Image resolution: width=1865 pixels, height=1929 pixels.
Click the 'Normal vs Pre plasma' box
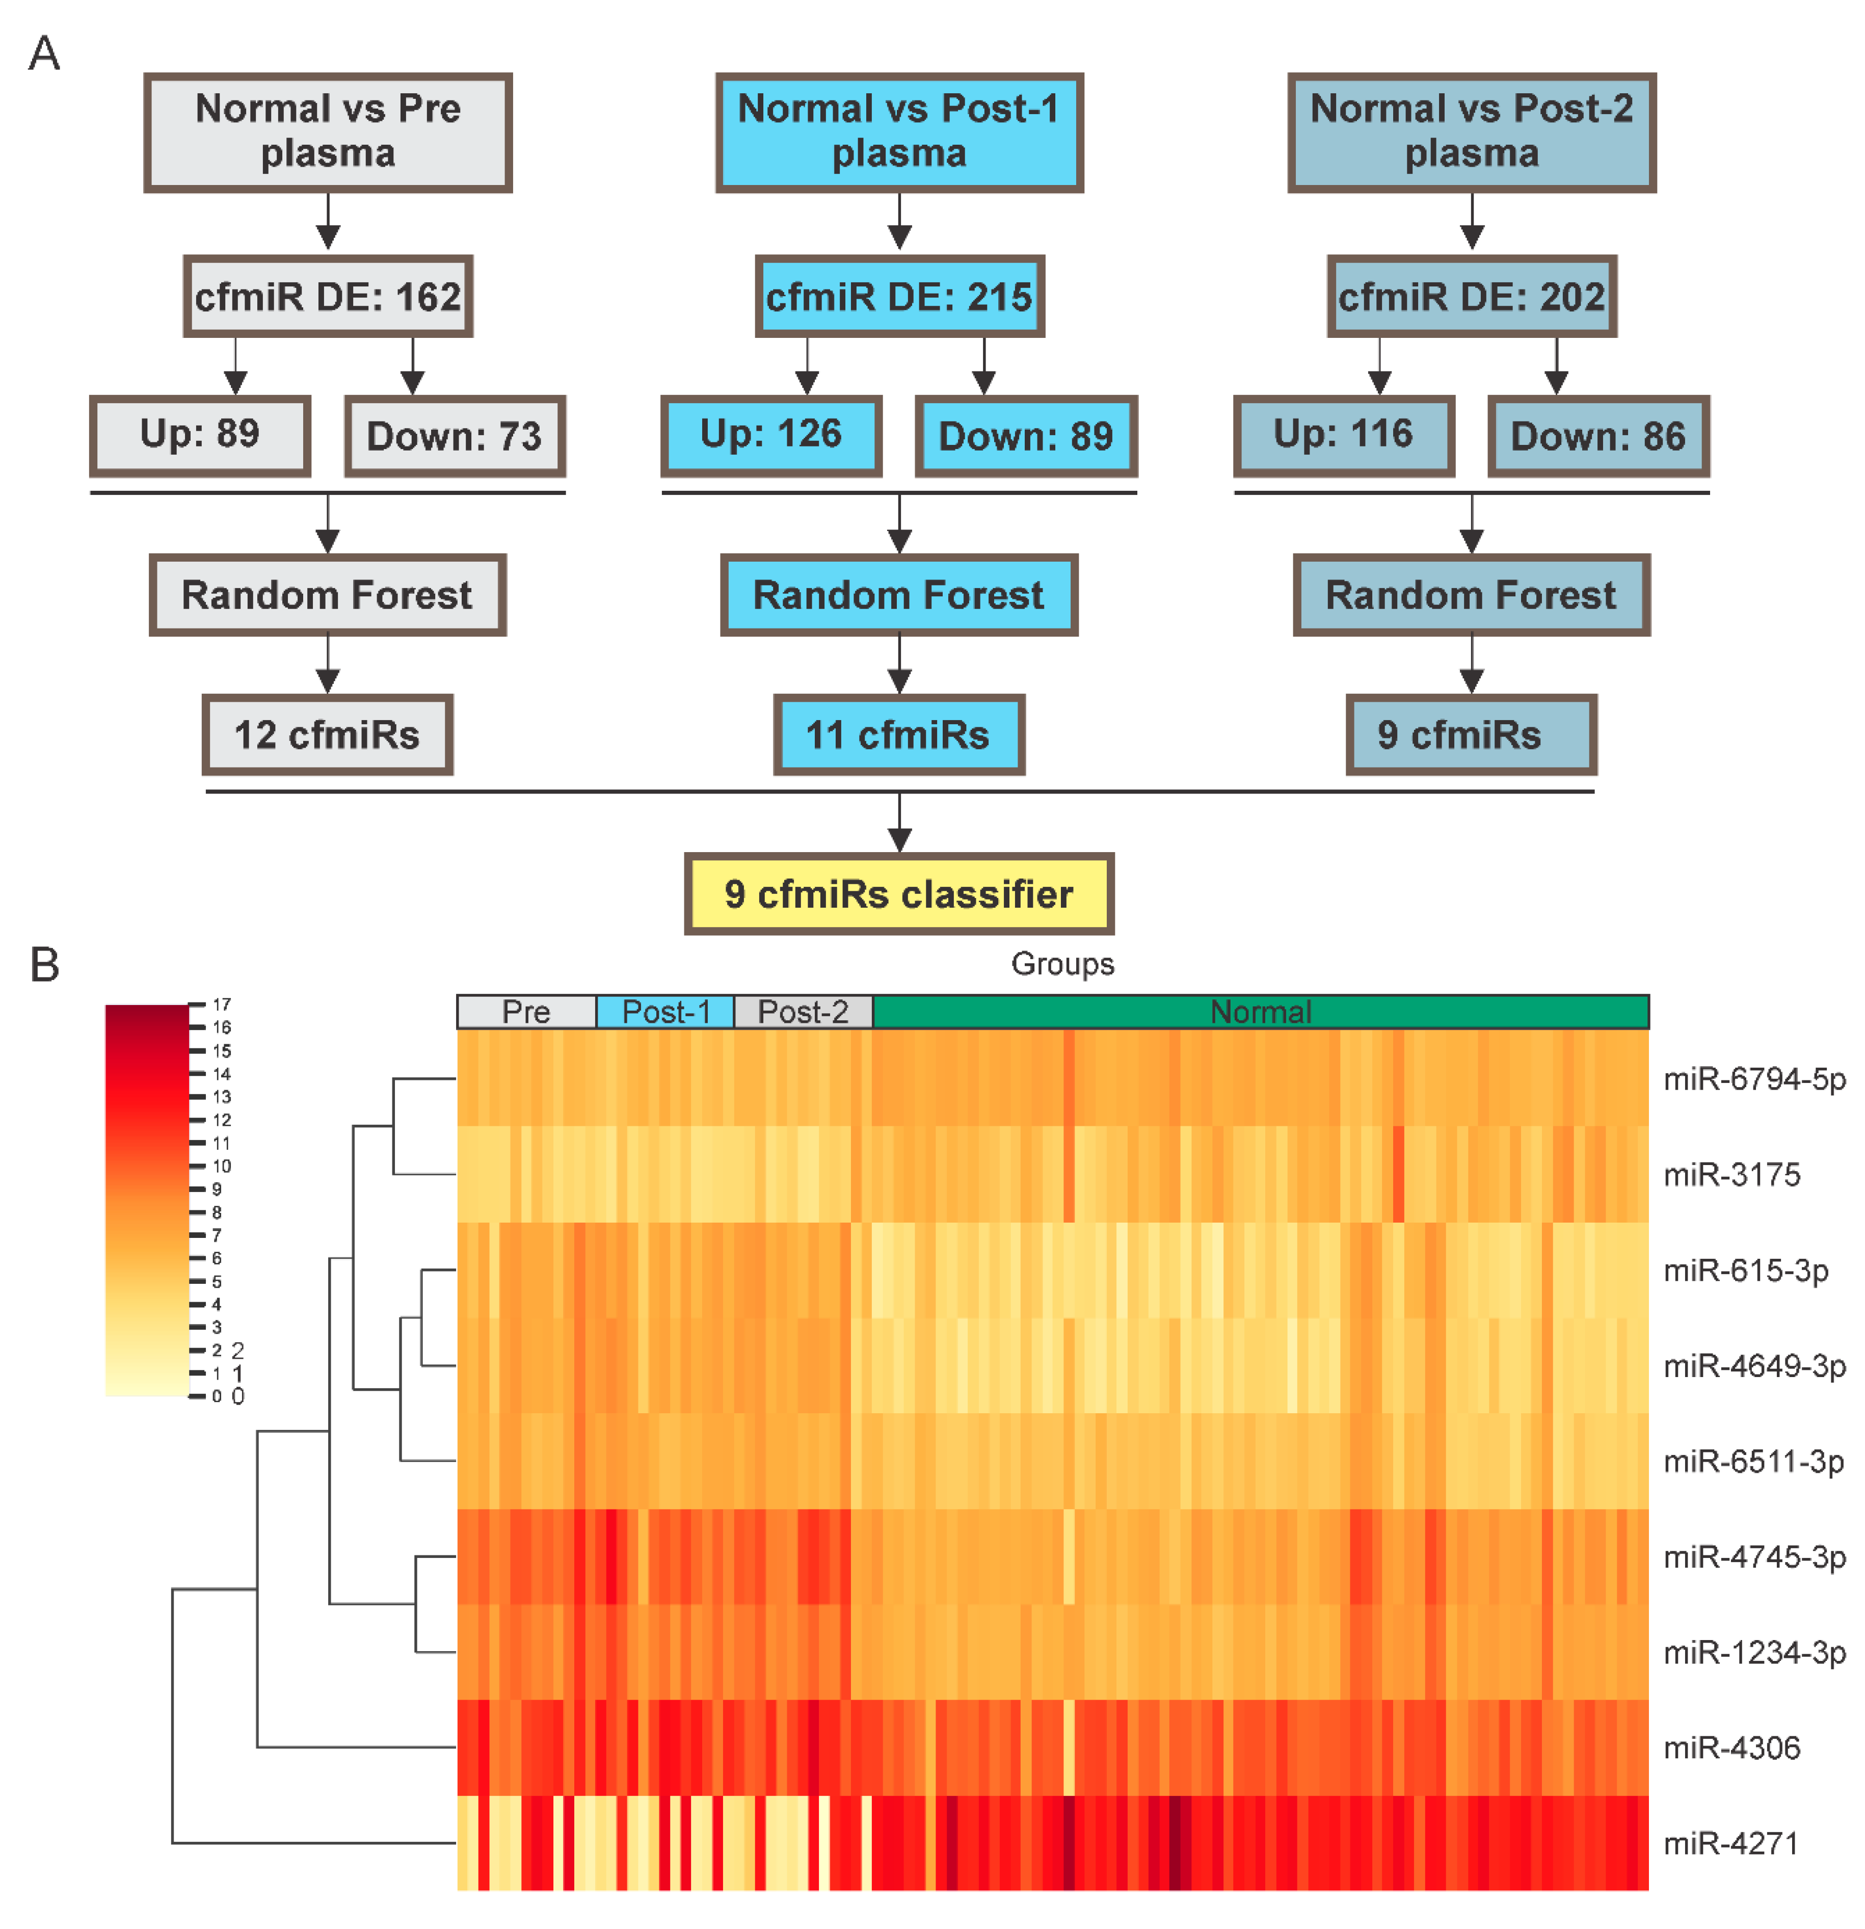[328, 132]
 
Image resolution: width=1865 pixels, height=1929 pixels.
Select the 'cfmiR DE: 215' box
[898, 296]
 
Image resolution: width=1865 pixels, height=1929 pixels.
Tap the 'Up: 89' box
[200, 435]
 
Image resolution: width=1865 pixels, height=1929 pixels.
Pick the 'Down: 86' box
[1597, 435]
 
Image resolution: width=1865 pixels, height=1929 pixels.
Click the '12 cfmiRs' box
[327, 734]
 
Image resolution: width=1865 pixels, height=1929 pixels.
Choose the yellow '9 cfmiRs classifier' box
[898, 893]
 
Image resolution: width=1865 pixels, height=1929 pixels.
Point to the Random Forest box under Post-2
[1471, 594]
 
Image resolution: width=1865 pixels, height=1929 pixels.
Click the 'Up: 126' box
[770, 435]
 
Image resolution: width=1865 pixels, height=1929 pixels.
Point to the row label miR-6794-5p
[1754, 1079]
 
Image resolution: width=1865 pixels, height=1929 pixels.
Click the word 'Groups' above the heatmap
[1062, 964]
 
